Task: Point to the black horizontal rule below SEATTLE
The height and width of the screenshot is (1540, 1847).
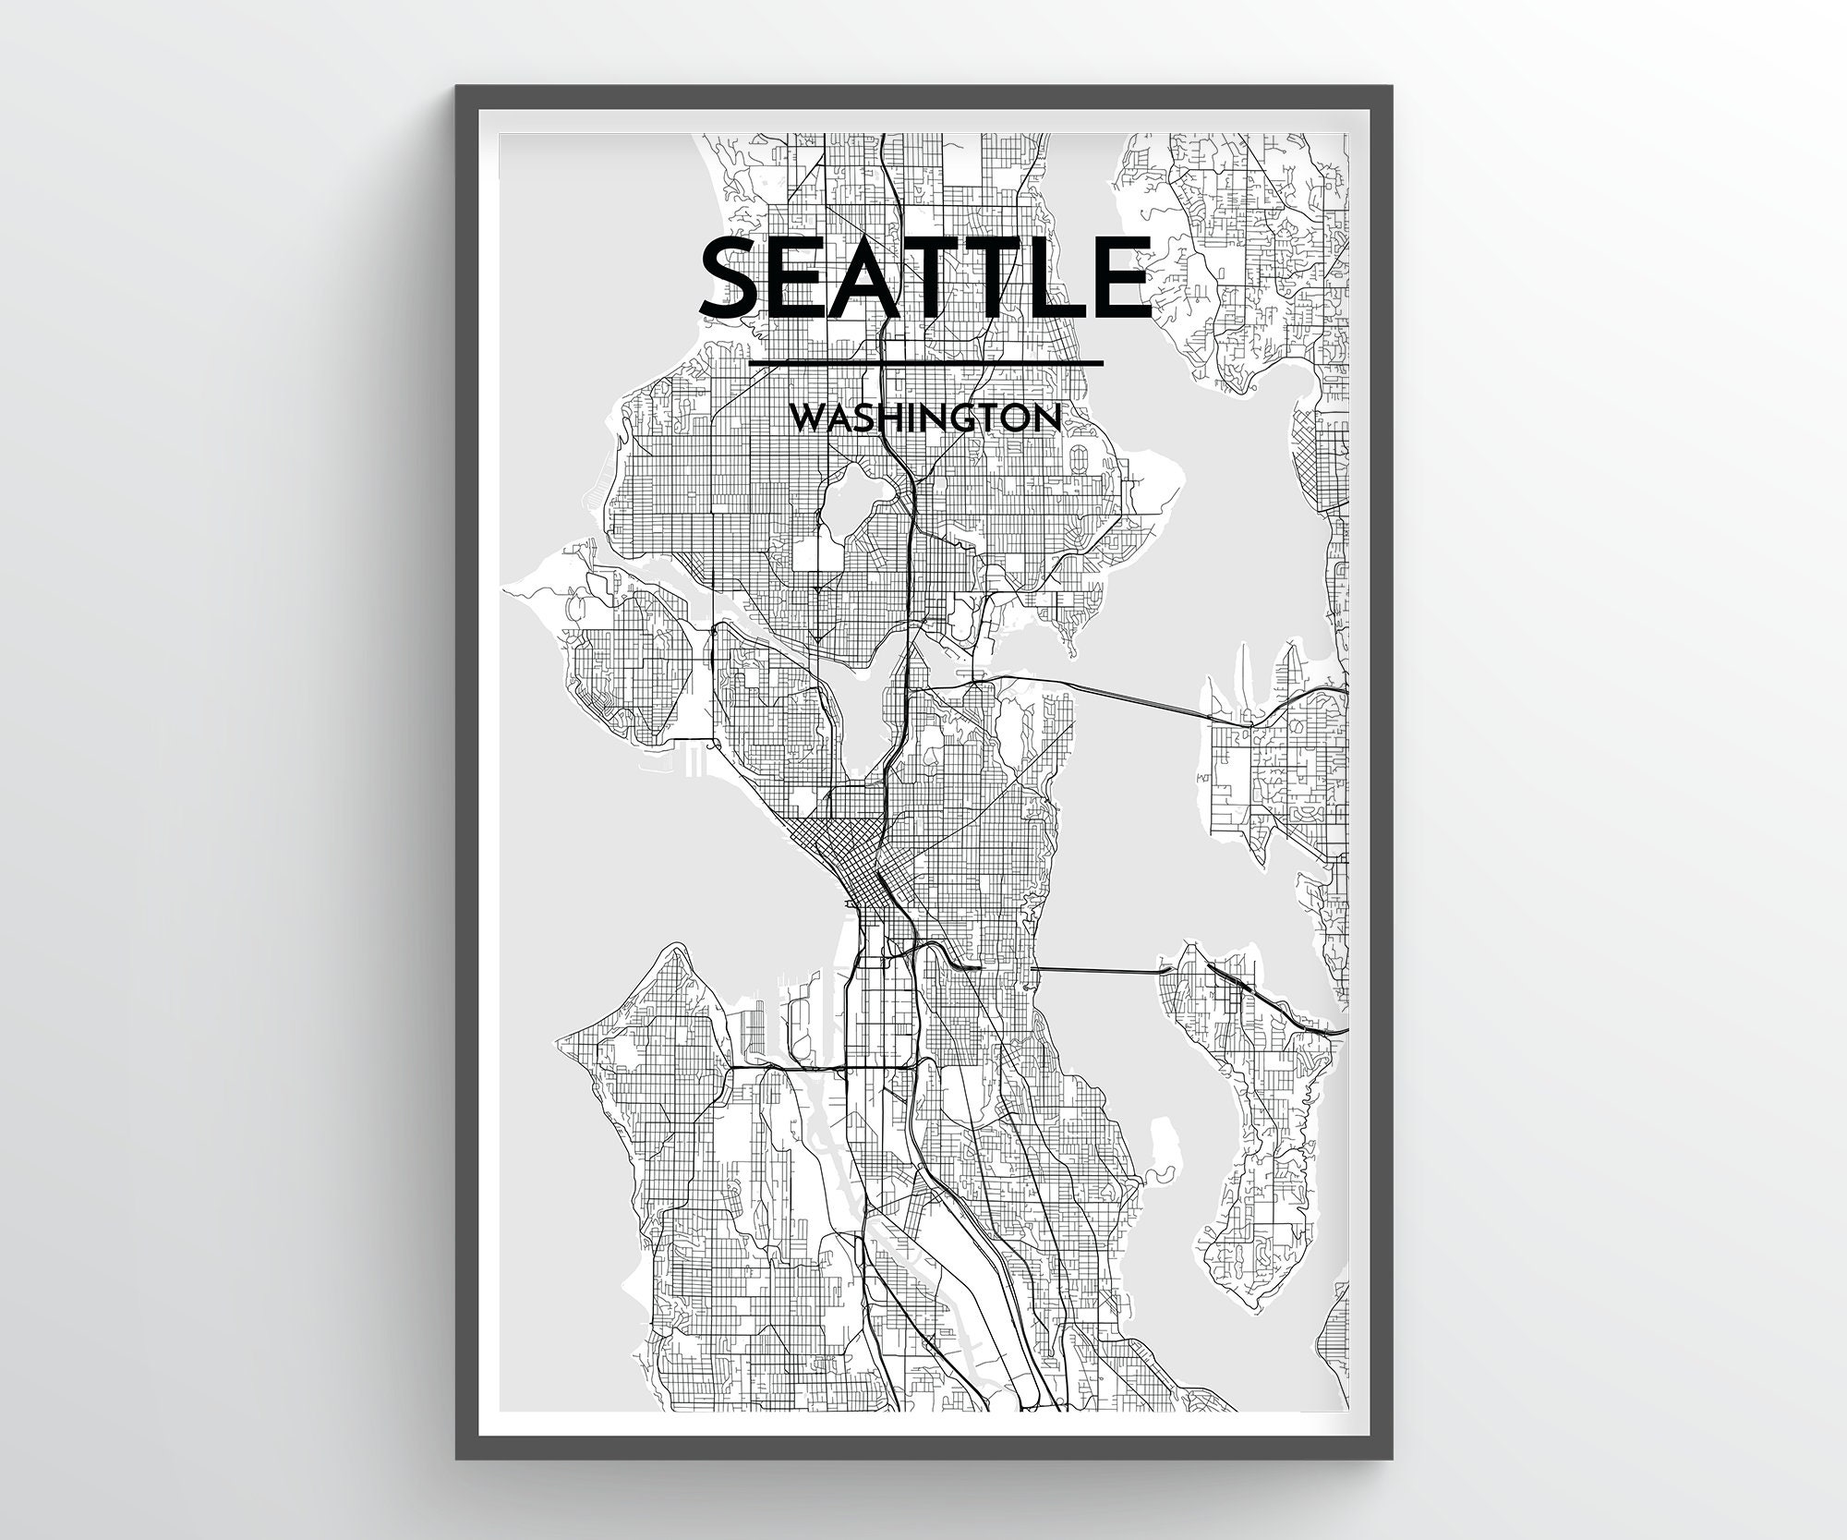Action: click(926, 363)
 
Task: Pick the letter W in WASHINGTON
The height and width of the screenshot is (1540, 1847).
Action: click(812, 418)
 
